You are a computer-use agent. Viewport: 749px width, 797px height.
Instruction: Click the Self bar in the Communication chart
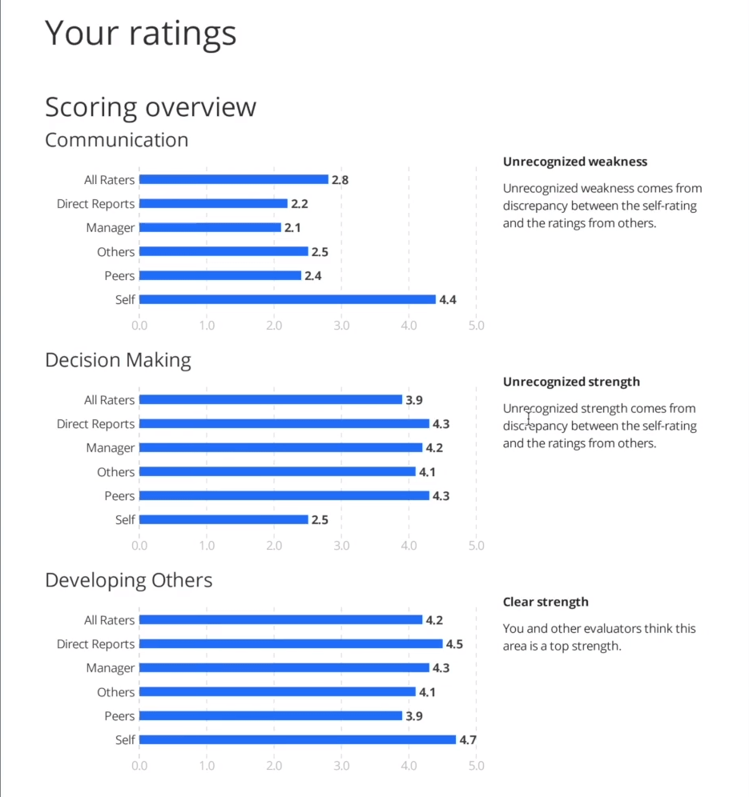[x=287, y=299]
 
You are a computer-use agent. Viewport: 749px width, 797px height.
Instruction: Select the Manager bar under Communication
[x=210, y=227]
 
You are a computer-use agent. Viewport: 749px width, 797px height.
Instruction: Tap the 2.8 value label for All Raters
[x=340, y=180]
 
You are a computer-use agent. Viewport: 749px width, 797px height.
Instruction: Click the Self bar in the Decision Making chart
[x=223, y=519]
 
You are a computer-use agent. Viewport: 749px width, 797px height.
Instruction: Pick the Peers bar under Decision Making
[x=284, y=495]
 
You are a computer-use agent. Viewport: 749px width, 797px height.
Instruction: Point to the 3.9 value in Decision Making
[x=414, y=400]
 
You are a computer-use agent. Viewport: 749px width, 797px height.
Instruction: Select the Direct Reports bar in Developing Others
[x=290, y=643]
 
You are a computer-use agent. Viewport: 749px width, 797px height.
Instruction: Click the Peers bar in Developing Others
[x=270, y=715]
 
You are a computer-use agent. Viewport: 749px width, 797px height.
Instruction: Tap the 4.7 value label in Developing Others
[x=468, y=740]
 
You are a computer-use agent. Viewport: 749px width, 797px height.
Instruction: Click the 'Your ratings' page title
[x=140, y=33]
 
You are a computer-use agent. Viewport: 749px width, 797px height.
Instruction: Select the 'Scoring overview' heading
[x=151, y=106]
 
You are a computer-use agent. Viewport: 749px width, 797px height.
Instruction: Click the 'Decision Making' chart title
[x=118, y=360]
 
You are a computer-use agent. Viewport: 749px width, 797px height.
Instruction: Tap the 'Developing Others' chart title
[x=129, y=580]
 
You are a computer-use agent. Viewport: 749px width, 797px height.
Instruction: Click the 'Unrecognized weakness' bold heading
[x=574, y=162]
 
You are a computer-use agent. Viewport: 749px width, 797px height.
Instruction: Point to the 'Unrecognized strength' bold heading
[x=571, y=382]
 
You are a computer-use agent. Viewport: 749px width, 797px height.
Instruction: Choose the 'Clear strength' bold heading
[x=546, y=602]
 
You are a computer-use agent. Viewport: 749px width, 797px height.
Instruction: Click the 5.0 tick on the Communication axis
[x=476, y=326]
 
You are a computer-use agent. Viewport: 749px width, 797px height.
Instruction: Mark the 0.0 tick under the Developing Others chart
[x=139, y=766]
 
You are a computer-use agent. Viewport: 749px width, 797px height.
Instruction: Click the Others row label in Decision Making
[x=115, y=472]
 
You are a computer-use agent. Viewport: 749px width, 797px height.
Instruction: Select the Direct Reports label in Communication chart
[x=95, y=204]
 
